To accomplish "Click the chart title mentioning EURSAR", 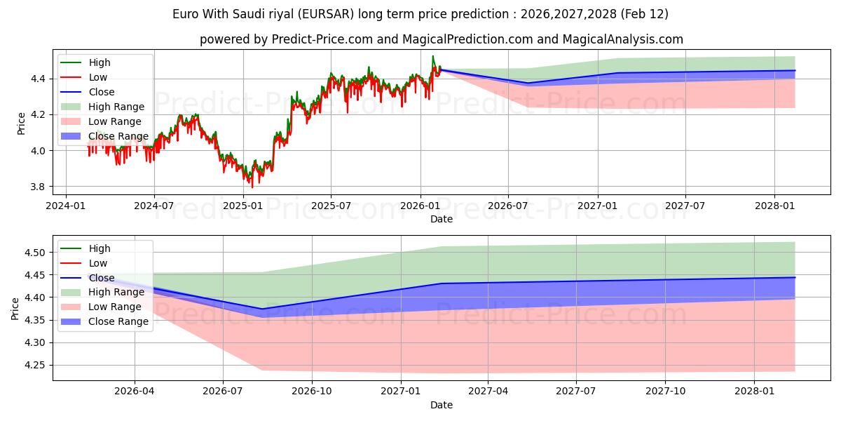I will click(420, 14).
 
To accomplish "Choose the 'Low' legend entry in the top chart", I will click(99, 77).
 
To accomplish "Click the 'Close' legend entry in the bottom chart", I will click(102, 278).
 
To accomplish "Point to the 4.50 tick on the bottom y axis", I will click(36, 253).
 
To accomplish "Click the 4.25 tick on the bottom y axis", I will click(36, 365).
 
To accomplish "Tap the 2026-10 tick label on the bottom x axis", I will click(312, 392).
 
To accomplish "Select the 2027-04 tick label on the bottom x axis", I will click(488, 392).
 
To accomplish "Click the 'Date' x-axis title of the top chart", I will click(442, 219).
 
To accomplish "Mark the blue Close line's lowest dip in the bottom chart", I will click(262, 309).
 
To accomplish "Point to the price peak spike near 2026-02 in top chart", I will click(433, 56).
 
